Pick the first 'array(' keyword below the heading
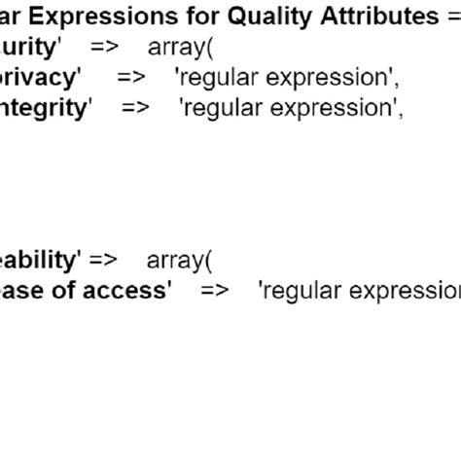182,47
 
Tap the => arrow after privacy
130,77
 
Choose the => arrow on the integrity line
135,107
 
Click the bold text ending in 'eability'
39,260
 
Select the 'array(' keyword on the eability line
179,260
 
